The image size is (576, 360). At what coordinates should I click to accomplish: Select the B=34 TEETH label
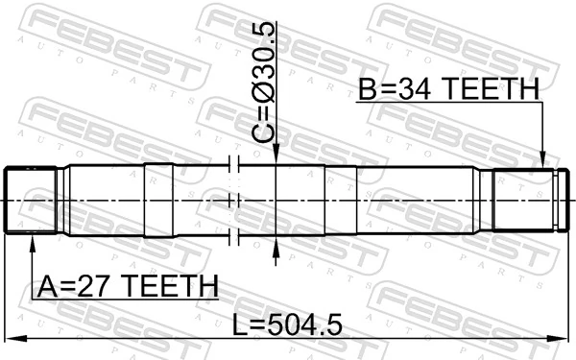coord(449,89)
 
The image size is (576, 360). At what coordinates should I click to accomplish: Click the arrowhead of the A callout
coord(34,241)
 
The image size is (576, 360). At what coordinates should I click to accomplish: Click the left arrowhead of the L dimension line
coord(12,338)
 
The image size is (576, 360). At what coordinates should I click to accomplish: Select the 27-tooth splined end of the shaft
coord(31,200)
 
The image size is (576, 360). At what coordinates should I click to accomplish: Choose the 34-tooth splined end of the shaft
coord(526,200)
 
